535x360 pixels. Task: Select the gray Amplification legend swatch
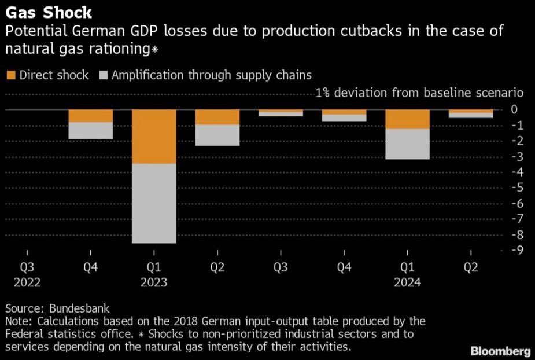[104, 75]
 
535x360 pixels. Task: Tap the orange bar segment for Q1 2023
[154, 137]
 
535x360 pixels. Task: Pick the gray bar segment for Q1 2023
[154, 203]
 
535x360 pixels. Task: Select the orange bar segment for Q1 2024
[408, 119]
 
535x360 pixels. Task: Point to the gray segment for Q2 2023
[217, 135]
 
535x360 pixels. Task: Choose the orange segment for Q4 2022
[90, 116]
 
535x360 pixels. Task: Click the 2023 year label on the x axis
[154, 282]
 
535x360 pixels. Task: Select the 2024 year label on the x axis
[408, 282]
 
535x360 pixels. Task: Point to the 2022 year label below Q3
[27, 282]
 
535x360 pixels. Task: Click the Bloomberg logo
[501, 351]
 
